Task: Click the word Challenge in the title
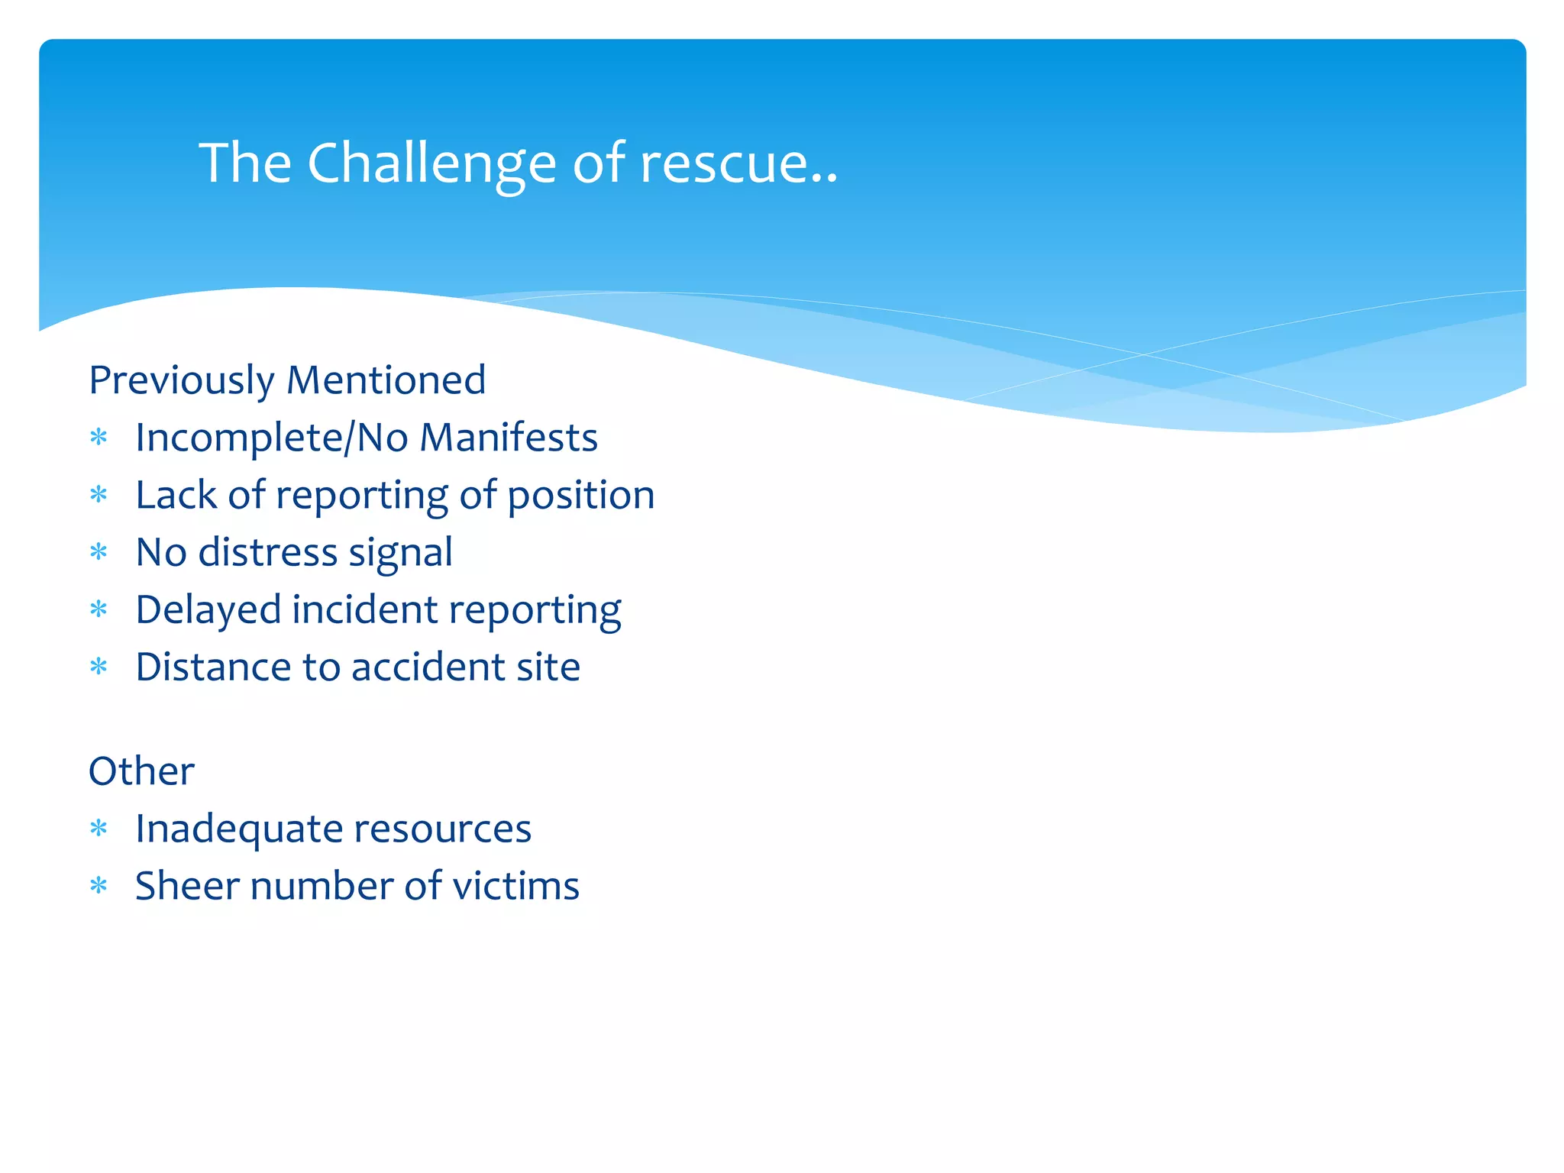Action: (431, 163)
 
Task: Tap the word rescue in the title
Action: (725, 163)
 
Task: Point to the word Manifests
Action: (509, 438)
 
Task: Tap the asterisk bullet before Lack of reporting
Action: (99, 496)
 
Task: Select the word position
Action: (580, 496)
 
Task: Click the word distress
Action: (267, 552)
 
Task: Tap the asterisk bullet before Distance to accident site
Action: (99, 667)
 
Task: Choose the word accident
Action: (427, 667)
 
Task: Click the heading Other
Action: (141, 771)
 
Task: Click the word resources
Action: (442, 829)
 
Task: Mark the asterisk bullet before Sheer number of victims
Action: (99, 887)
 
